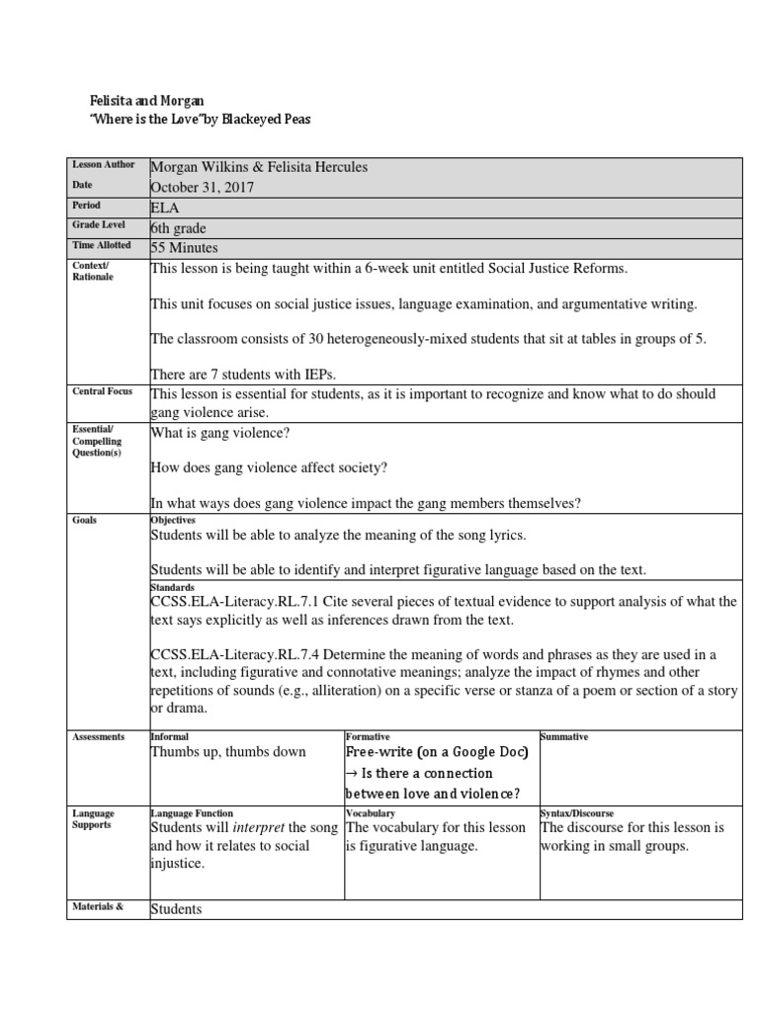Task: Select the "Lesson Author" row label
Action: (104, 165)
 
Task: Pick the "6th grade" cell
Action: (178, 228)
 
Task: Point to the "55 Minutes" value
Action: (184, 248)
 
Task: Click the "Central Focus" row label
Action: (103, 392)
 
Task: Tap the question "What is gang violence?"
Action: (220, 433)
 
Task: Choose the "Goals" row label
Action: (85, 520)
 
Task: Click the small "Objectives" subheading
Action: (173, 520)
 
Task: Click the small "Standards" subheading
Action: (172, 587)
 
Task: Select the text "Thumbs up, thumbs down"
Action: (228, 751)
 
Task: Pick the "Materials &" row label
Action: (97, 905)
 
